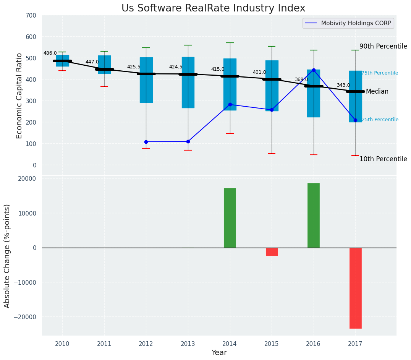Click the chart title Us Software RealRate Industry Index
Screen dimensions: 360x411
point(213,8)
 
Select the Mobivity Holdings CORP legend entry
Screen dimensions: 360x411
point(356,23)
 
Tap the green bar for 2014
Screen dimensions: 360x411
point(230,218)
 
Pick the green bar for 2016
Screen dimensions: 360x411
point(313,215)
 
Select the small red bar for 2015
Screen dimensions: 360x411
point(272,252)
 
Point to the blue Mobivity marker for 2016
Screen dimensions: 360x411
point(314,70)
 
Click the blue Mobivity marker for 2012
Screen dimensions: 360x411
point(146,142)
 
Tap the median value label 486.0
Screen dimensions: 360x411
point(50,54)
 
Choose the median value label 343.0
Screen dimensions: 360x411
point(343,86)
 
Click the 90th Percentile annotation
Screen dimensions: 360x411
point(383,46)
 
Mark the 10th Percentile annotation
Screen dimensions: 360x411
point(383,159)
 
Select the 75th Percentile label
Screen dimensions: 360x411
point(380,73)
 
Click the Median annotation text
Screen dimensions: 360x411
point(377,92)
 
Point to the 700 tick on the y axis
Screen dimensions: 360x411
point(31,16)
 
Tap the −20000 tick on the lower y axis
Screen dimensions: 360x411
point(25,317)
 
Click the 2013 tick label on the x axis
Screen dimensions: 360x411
point(188,344)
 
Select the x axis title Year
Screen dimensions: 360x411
point(219,353)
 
